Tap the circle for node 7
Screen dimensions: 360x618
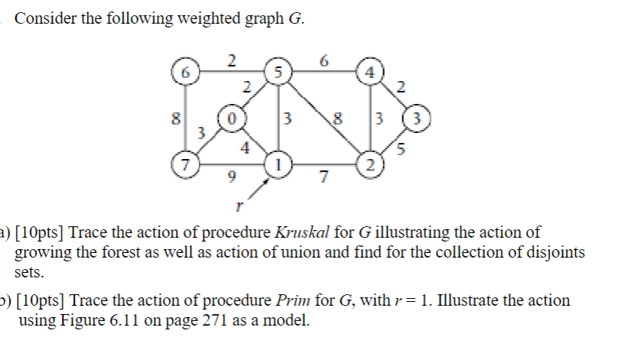[x=184, y=164]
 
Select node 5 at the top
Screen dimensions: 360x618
[x=278, y=73]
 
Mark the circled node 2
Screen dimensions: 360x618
[x=370, y=164]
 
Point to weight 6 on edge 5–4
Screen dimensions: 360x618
[x=324, y=60]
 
